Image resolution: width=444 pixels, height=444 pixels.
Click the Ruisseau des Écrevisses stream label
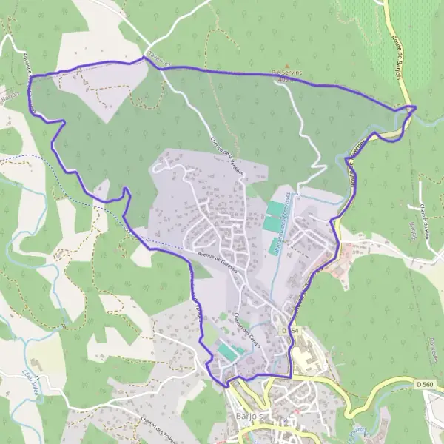coord(283,222)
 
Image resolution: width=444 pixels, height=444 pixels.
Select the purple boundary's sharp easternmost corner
coord(416,107)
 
